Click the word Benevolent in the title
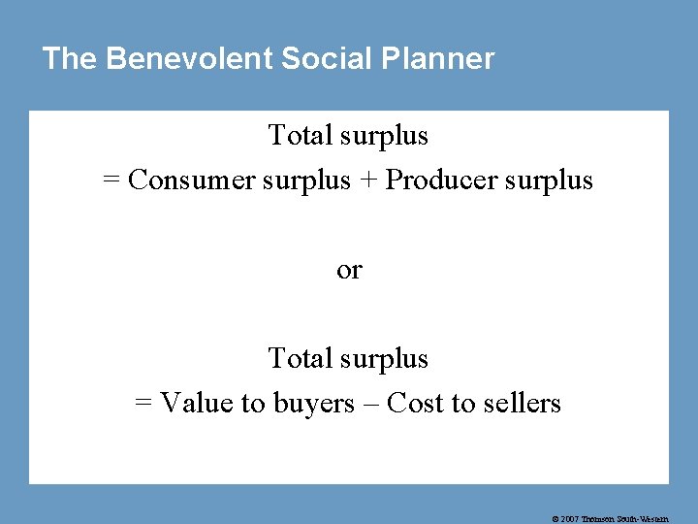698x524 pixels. [189, 59]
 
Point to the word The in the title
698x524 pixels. [69, 59]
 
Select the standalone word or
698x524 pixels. [349, 270]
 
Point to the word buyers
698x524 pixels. [313, 403]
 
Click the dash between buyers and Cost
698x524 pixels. [370, 404]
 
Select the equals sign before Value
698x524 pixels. [143, 404]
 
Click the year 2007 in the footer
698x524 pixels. [570, 519]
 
